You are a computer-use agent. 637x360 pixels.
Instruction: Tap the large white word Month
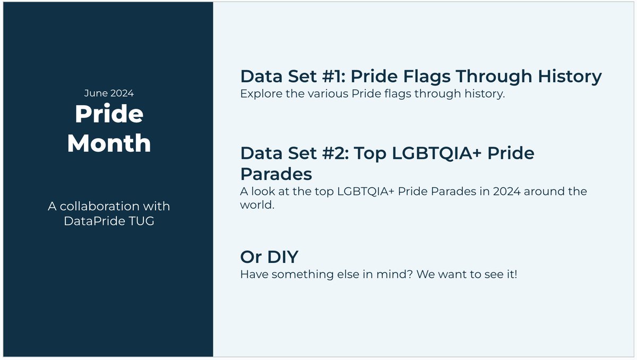[x=109, y=143]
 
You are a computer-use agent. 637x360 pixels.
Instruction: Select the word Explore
[x=260, y=94]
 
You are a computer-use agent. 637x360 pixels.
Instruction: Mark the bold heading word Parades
[x=276, y=174]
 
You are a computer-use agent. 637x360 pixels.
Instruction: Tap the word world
[x=257, y=205]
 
